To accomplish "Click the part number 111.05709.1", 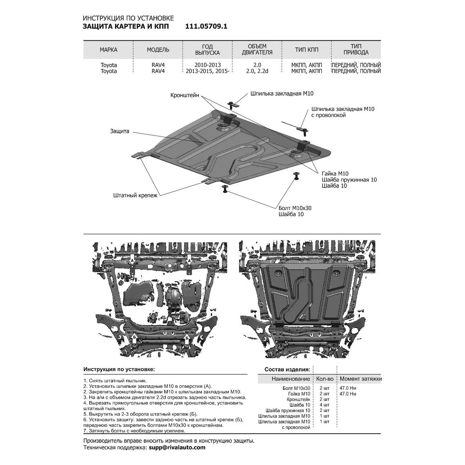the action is tap(206, 26).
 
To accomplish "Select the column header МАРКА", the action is tap(108, 50).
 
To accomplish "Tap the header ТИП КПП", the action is tap(307, 50).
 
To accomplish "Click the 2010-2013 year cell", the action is tap(208, 65).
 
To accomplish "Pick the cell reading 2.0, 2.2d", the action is tap(257, 71).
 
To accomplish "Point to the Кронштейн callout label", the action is tap(184, 95).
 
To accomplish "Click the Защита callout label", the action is tap(119, 131).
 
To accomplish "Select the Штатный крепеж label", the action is tap(135, 195).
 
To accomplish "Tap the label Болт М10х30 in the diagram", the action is tap(295, 208).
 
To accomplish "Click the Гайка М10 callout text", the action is tap(335, 174).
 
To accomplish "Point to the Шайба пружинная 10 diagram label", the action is tap(349, 180).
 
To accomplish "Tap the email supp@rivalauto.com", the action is tap(177, 448).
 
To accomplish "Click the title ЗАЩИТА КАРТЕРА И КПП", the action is tap(126, 26).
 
